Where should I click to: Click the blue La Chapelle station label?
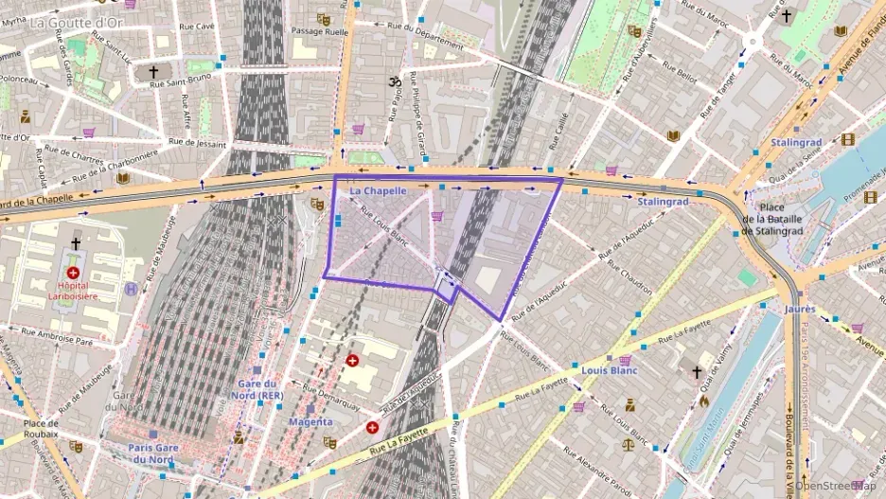pyautogui.click(x=378, y=190)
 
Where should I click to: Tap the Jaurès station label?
pyautogui.click(x=799, y=309)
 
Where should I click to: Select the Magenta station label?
pyautogui.click(x=310, y=421)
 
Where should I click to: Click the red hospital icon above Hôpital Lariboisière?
pyautogui.click(x=74, y=246)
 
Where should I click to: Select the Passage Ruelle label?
pyautogui.click(x=320, y=31)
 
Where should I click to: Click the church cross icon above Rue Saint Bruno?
pyautogui.click(x=153, y=72)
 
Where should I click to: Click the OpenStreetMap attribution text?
pyautogui.click(x=837, y=486)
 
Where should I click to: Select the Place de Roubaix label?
pyautogui.click(x=42, y=429)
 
